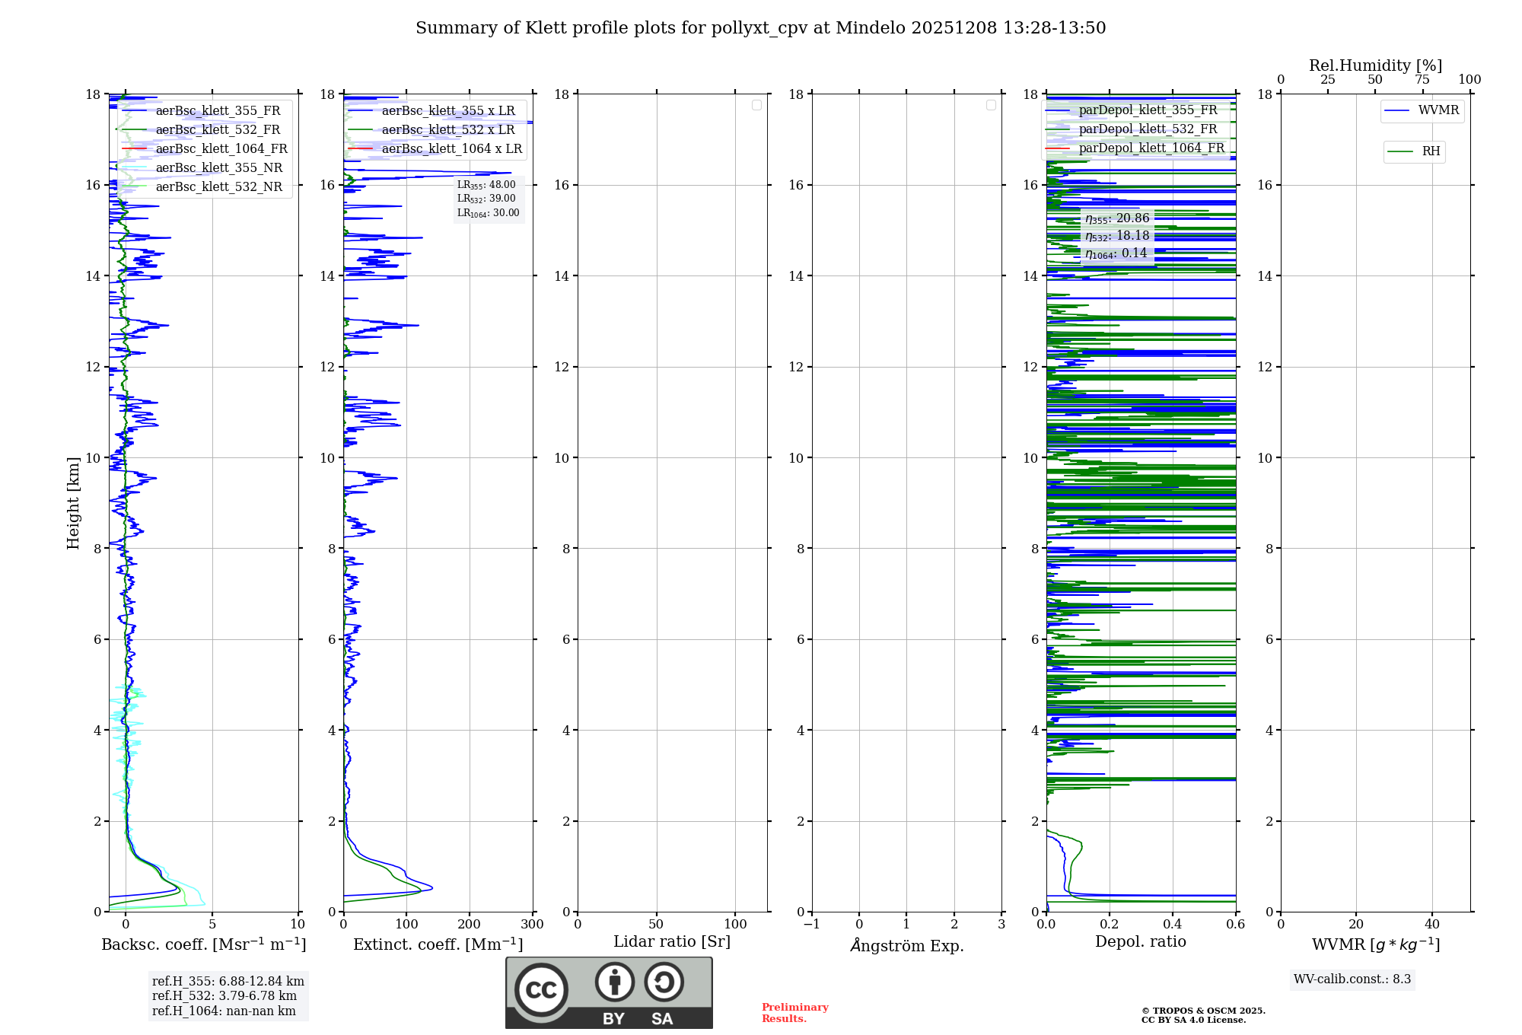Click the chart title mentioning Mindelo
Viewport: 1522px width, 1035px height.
pyautogui.click(x=760, y=28)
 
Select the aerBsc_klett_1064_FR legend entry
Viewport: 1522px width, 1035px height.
pyautogui.click(x=221, y=149)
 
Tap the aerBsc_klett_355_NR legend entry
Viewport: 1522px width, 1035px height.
pyautogui.click(x=218, y=168)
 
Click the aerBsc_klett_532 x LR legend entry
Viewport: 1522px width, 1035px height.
pyautogui.click(x=447, y=130)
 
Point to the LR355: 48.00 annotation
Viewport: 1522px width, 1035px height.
pyautogui.click(x=486, y=185)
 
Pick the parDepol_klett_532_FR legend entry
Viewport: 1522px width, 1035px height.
pyautogui.click(x=1148, y=129)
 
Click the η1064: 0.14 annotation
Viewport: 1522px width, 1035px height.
pyautogui.click(x=1116, y=253)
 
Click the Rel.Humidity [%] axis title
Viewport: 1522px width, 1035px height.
pyautogui.click(x=1375, y=65)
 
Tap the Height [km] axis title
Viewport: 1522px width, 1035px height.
pyautogui.click(x=73, y=503)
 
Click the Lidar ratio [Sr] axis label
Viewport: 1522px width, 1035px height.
pyautogui.click(x=672, y=942)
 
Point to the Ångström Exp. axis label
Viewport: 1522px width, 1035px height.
pyautogui.click(x=906, y=946)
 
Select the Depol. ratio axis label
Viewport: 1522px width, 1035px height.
pyautogui.click(x=1140, y=942)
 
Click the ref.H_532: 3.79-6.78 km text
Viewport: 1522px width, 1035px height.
pyautogui.click(x=224, y=996)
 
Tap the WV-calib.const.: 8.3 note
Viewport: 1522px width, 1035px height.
pyautogui.click(x=1352, y=979)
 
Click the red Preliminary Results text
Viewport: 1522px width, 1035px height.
pyautogui.click(x=794, y=1013)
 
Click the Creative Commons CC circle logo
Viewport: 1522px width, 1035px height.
pyautogui.click(x=541, y=990)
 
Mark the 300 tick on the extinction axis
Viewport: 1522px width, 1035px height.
pyautogui.click(x=533, y=925)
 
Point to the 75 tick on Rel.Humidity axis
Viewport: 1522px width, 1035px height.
pyautogui.click(x=1422, y=80)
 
